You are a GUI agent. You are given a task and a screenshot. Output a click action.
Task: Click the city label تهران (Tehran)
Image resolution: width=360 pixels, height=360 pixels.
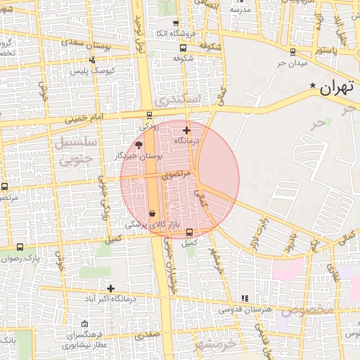tap(335, 88)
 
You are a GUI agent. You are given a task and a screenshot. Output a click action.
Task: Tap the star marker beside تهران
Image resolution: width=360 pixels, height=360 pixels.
tap(312, 86)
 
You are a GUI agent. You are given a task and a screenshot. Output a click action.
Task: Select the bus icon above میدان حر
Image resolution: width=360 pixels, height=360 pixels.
tap(292, 51)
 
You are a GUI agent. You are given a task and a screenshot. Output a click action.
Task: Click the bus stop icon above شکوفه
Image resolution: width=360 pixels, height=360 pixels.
tap(184, 49)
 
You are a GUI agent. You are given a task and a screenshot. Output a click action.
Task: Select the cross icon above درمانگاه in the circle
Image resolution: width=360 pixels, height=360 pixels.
tap(186, 130)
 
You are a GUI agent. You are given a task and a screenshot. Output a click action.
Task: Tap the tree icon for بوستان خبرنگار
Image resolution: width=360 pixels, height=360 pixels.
tap(139, 144)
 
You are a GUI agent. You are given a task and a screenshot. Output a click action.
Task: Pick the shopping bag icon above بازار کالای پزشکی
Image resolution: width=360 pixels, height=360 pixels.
tap(153, 212)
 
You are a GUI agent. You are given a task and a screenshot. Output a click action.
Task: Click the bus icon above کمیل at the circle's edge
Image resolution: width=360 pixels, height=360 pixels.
tap(189, 233)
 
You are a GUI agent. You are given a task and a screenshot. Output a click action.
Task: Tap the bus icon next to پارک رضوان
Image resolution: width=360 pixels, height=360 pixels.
tap(20, 247)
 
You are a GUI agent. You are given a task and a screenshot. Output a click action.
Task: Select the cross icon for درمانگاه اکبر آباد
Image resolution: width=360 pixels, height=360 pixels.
tap(110, 288)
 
